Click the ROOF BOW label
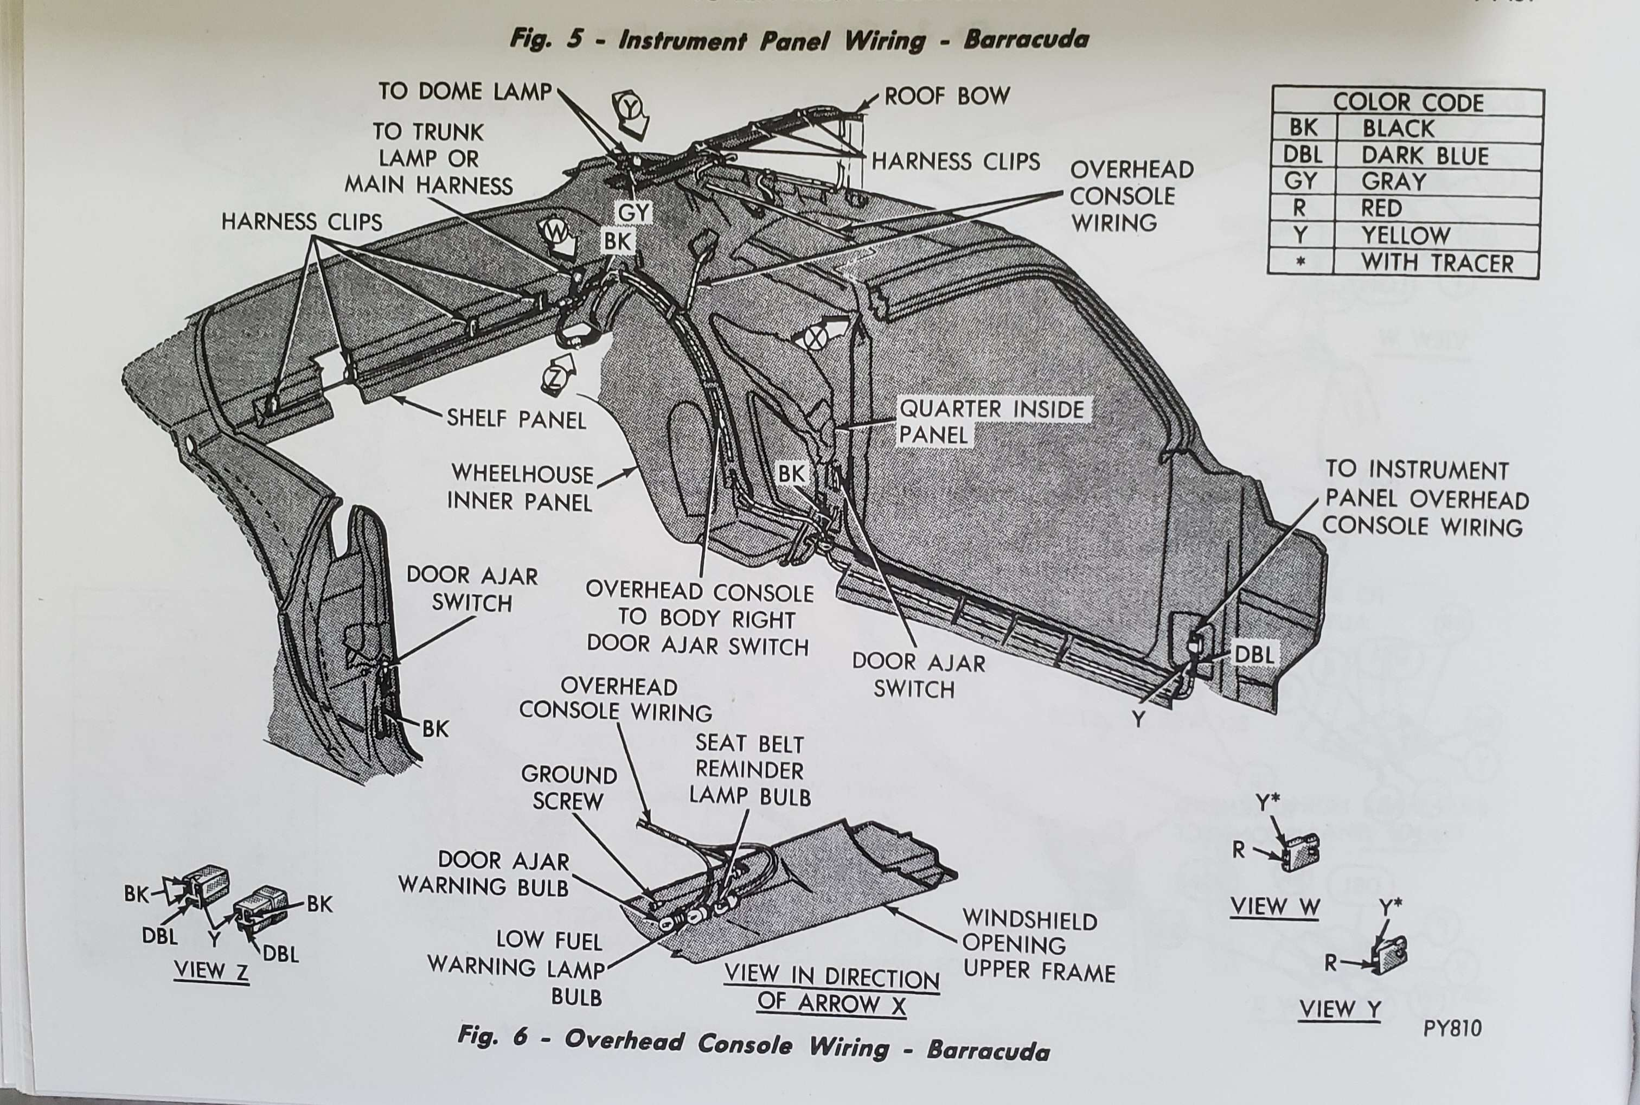click(946, 96)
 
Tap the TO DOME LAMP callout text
click(465, 92)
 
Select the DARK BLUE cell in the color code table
click(1425, 156)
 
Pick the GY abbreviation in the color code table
click(1301, 182)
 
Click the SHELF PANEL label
click(516, 419)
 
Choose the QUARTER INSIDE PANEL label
click(991, 421)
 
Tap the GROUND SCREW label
click(568, 788)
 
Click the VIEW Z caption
click(212, 970)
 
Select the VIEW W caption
click(1274, 907)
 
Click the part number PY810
click(1451, 1028)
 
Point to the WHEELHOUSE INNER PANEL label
click(521, 488)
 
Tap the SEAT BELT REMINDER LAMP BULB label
click(749, 770)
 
